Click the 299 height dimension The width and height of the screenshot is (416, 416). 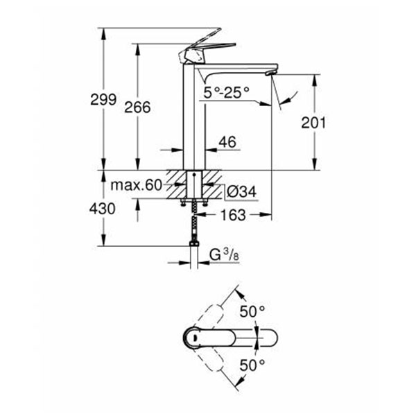(x=103, y=100)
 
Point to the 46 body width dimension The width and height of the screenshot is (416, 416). (x=227, y=142)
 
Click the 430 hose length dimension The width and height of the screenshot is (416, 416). (x=103, y=208)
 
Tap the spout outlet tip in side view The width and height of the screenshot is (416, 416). (x=271, y=73)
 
